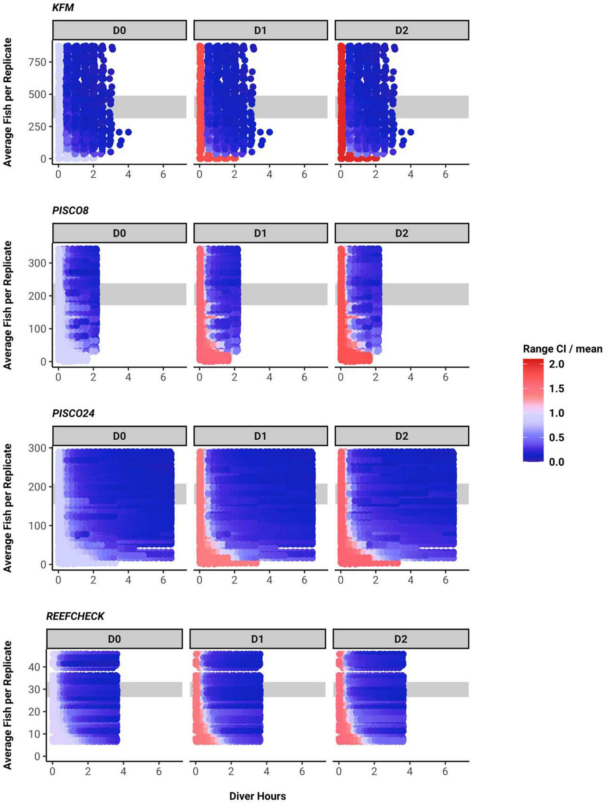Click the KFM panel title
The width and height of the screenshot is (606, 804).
tap(63, 7)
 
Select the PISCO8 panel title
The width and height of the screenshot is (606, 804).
tap(70, 210)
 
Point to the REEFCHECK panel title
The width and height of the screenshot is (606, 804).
tap(75, 616)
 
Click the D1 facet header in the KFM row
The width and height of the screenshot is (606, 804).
tap(260, 30)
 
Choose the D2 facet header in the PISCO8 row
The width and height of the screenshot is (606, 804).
tap(401, 233)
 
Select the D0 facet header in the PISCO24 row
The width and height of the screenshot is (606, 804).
tap(119, 436)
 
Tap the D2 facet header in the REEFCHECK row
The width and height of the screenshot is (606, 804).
tap(400, 639)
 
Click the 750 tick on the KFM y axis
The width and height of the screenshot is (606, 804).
tap(38, 62)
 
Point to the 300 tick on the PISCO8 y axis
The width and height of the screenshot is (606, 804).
tap(38, 263)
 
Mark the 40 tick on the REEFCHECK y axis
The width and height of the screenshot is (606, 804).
tap(35, 667)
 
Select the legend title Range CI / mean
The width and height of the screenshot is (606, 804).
tap(562, 349)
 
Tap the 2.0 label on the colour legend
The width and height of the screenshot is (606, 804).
tap(556, 364)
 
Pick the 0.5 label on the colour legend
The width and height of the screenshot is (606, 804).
tap(556, 437)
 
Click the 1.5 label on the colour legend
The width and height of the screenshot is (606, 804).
tap(556, 388)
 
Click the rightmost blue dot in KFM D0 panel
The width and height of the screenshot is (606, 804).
tap(128, 132)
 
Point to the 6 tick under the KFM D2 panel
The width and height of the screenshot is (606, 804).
tap(445, 174)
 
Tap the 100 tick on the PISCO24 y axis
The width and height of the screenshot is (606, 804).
tap(38, 526)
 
